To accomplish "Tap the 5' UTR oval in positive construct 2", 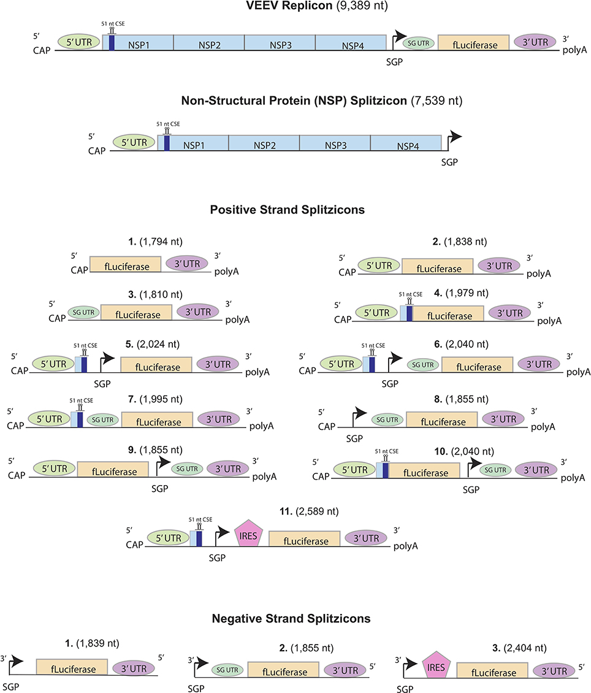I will click(380, 266).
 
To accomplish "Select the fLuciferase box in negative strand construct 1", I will click(72, 668).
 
